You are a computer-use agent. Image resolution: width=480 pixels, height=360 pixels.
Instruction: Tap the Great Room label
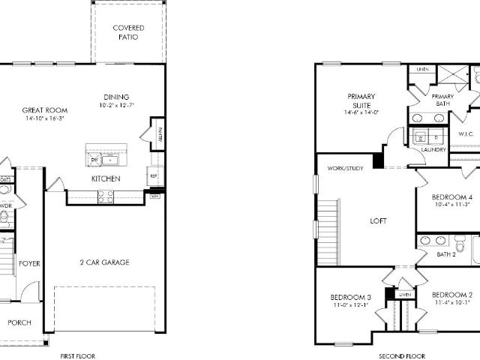45,110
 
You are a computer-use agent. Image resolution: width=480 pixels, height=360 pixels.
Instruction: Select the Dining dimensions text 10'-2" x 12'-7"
115,105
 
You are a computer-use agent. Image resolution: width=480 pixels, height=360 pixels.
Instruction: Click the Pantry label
160,133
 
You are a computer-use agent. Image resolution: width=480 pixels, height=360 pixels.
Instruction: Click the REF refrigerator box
153,176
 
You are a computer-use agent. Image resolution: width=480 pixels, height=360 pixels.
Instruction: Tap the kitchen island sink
110,159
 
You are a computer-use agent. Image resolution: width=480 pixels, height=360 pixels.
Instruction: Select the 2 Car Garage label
104,262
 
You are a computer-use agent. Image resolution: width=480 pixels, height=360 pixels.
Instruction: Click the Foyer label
30,264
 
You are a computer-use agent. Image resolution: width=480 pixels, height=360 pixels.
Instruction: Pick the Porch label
19,322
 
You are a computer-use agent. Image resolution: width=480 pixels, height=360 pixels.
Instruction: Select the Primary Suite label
361,100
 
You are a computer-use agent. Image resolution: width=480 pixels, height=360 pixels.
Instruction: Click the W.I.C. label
466,133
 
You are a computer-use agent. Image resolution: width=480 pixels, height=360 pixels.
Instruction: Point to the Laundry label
433,149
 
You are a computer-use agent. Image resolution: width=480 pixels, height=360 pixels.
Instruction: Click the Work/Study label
345,169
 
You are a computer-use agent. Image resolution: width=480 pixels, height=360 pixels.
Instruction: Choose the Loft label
379,221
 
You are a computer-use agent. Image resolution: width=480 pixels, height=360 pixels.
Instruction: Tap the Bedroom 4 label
451,197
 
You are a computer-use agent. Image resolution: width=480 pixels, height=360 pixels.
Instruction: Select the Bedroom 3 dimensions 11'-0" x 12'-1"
349,306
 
